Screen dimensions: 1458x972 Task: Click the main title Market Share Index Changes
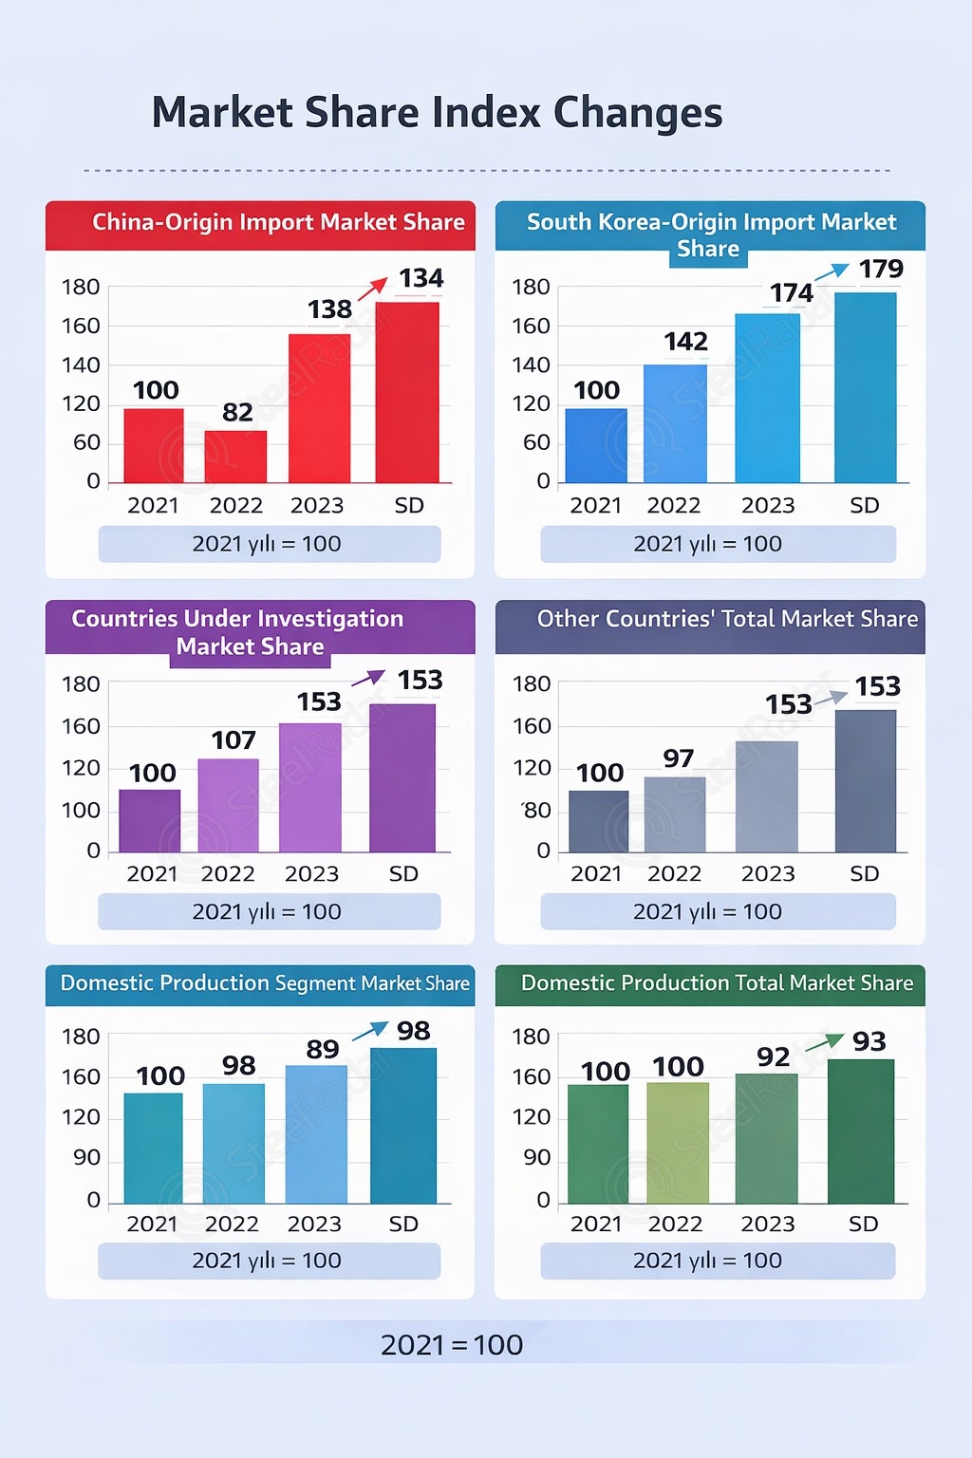[x=437, y=112]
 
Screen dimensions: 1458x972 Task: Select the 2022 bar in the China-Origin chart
[x=235, y=457]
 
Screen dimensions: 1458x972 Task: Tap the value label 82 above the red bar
[x=237, y=412]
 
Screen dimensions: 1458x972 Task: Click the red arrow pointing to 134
[x=373, y=289]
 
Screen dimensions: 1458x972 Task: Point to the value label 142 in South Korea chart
[x=685, y=342]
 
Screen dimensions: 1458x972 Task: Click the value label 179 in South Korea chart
[x=881, y=270]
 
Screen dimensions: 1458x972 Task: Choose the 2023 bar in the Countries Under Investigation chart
[x=309, y=788]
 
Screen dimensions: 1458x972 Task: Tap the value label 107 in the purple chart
[x=234, y=740]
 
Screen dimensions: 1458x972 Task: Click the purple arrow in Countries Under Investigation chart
[x=368, y=678]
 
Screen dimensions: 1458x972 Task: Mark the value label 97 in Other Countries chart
[x=678, y=758]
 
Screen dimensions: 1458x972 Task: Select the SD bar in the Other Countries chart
[x=865, y=780]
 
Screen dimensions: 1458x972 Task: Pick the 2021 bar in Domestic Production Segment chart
[x=153, y=1149]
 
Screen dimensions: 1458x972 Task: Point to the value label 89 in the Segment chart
[x=323, y=1049]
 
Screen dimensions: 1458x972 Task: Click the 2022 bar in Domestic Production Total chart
[x=678, y=1143]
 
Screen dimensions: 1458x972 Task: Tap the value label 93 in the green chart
[x=869, y=1042]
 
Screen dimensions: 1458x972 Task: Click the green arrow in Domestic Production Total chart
[x=825, y=1044]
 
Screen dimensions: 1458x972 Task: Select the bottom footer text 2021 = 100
[x=452, y=1345]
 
